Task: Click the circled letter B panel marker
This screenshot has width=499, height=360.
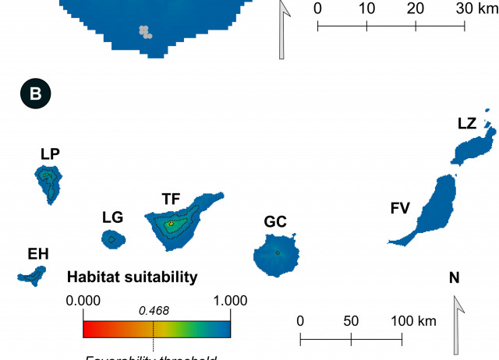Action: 35,94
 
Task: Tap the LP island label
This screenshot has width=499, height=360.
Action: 51,154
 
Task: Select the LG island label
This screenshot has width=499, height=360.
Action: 112,217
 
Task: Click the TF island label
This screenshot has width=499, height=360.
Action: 171,199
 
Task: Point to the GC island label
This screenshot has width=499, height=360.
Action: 275,222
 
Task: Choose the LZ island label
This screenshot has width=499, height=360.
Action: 467,123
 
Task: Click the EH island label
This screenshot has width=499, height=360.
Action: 38,254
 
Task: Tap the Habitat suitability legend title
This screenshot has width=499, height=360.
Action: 133,277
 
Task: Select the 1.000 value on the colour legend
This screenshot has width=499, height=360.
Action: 229,301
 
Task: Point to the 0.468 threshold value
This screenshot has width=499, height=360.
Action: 154,311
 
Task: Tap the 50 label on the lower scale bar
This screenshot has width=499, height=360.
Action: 351,321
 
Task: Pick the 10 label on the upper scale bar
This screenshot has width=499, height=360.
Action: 366,9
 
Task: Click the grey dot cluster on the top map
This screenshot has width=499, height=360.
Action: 145,31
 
